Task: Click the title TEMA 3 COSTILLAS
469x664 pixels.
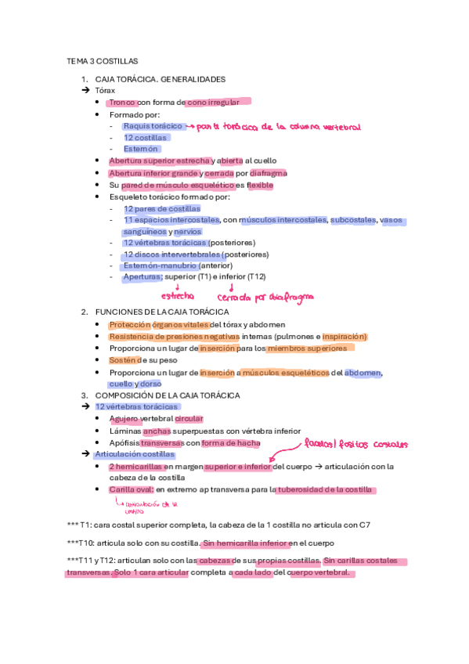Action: [x=103, y=60]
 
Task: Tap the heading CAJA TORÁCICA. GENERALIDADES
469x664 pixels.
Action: [x=160, y=79]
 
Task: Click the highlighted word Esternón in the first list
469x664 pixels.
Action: [x=141, y=149]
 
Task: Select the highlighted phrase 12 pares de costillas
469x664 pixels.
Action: [x=161, y=209]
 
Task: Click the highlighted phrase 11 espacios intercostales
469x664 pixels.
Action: [x=171, y=221]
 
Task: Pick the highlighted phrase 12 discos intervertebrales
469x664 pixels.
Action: [x=171, y=254]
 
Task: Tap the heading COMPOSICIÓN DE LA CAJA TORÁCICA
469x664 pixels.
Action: [x=167, y=395]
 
